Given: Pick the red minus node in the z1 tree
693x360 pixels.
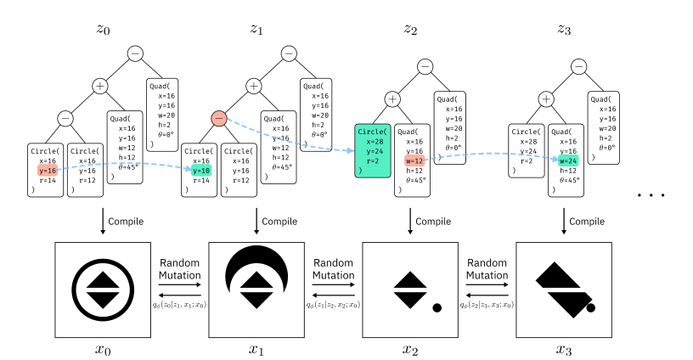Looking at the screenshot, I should (218, 119).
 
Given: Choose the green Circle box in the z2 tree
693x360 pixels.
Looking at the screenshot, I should (372, 150).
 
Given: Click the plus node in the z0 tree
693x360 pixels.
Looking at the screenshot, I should (99, 86).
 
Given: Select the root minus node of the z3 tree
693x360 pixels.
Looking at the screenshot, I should (579, 65).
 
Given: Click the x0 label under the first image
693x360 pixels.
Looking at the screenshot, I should (103, 348).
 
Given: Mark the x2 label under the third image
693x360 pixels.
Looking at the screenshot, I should (411, 348).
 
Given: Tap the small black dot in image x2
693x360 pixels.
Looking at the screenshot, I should (437, 307).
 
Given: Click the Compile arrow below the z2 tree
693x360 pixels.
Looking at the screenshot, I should (411, 222).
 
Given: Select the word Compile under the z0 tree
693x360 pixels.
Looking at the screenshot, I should (129, 222).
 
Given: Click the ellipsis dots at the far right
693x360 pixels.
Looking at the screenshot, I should (653, 195).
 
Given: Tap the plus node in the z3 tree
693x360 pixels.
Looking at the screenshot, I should (545, 98).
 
